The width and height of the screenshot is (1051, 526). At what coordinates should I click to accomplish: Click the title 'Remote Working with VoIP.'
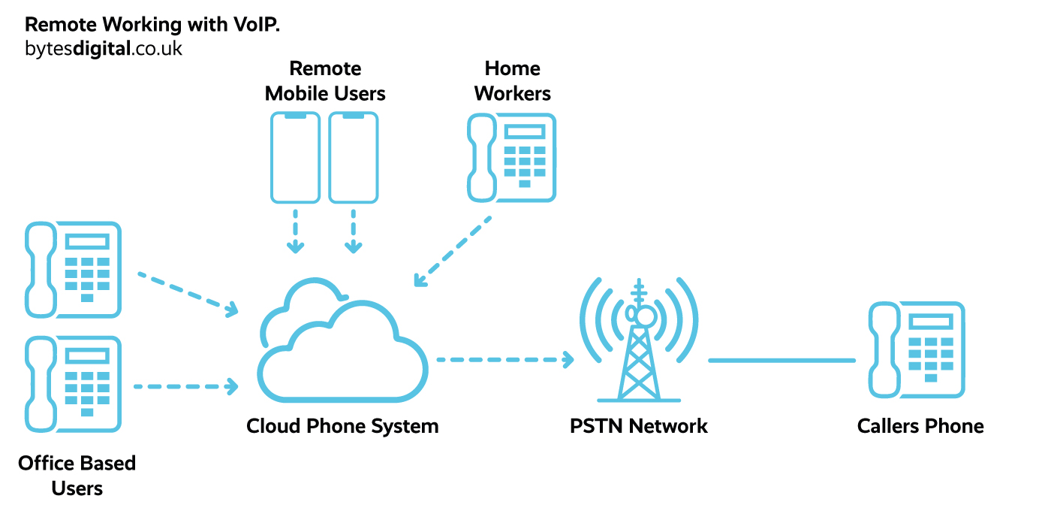tap(152, 24)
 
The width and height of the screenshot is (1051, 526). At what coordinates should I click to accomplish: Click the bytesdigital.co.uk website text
tap(103, 50)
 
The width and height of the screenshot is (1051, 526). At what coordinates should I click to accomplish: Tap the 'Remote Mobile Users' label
tap(325, 81)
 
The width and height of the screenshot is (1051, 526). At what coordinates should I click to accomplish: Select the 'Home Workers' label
tap(513, 81)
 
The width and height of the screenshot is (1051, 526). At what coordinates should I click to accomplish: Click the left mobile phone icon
tap(296, 158)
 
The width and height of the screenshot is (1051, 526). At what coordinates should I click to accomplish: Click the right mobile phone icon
tap(354, 158)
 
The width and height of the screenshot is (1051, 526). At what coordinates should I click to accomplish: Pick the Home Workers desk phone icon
tap(512, 158)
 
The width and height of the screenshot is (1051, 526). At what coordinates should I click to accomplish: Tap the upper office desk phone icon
tap(73, 269)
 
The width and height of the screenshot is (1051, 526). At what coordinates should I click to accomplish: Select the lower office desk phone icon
tap(73, 384)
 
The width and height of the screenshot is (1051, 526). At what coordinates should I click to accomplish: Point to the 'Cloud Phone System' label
tap(342, 426)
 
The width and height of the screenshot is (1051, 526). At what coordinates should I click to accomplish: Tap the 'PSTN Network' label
tap(639, 426)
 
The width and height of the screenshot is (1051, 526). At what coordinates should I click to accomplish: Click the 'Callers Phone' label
tap(920, 426)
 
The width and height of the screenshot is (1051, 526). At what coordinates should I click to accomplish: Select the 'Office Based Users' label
tap(77, 475)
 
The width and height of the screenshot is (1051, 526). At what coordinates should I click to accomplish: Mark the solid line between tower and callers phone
tap(781, 360)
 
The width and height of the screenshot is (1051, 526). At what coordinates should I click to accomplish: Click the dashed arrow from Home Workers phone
tap(453, 252)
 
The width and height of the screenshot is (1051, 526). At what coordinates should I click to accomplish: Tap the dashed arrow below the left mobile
tap(296, 231)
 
